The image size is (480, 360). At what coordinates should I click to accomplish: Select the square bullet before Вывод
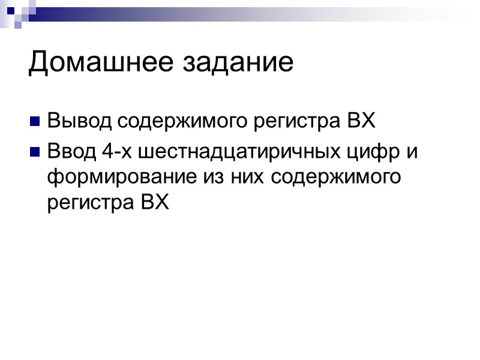34,122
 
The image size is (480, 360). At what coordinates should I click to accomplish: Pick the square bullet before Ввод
34,151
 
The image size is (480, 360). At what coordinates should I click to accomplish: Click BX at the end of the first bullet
361,121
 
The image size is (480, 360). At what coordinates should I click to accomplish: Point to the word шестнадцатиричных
236,150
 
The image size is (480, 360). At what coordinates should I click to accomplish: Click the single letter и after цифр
411,150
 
